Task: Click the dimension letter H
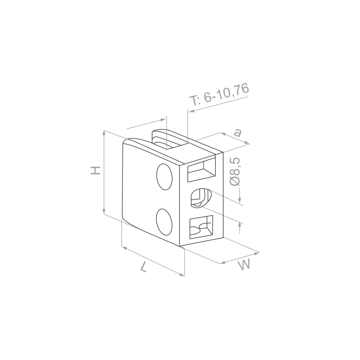coord(95,170)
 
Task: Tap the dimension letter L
coord(144,267)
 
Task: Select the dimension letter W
coord(244,265)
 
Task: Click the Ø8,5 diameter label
coord(234,171)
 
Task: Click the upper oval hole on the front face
coord(164,177)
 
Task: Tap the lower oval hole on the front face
coord(164,222)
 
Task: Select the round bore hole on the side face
coord(201,198)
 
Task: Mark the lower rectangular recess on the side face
coord(201,227)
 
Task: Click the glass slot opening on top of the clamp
coord(170,140)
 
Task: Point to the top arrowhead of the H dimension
coord(104,133)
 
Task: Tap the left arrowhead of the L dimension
coord(124,247)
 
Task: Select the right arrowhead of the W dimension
coord(256,253)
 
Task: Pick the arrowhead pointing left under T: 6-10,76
coord(191,111)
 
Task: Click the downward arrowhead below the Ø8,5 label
coord(240,200)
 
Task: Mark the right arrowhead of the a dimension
coord(247,143)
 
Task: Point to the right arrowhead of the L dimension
coord(182,274)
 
